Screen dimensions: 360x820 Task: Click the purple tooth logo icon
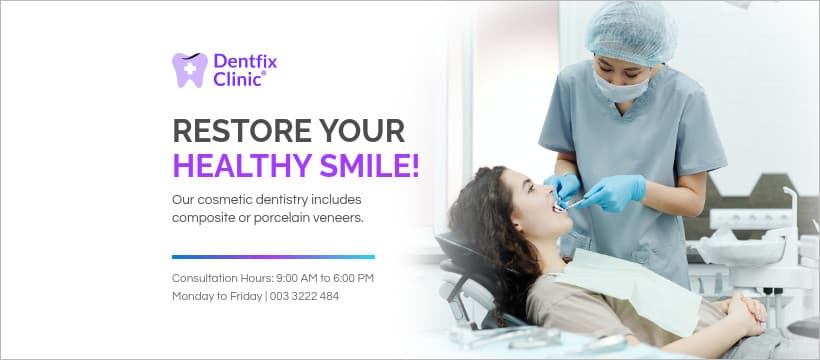190,70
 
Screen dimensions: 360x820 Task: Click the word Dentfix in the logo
245,61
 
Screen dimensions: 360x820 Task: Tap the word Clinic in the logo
238,79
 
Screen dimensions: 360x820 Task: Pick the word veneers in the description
340,217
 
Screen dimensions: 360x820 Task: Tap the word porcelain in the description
283,217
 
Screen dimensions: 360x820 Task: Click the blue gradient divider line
273,257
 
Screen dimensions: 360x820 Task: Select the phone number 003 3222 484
305,296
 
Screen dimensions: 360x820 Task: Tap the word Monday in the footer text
193,296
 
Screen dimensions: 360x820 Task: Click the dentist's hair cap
630,30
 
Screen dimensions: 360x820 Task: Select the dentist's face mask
620,88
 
